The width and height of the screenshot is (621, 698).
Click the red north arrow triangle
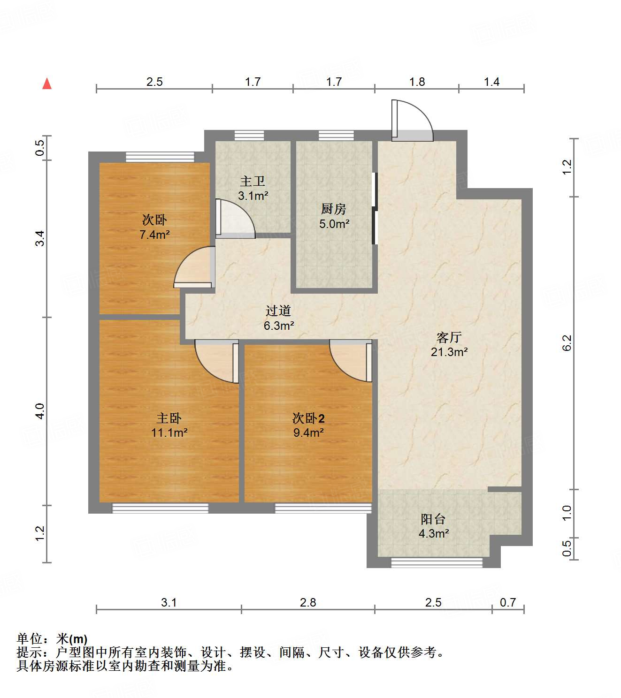(47, 84)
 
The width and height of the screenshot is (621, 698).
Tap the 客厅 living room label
(449, 337)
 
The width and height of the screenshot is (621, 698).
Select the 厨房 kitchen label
(334, 209)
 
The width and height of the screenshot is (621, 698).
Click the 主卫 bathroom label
(253, 182)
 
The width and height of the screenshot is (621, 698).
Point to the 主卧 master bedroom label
(169, 418)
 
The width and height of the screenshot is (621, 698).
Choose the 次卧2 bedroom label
(308, 418)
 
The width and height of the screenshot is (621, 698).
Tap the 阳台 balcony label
(433, 519)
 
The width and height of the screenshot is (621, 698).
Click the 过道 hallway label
(278, 311)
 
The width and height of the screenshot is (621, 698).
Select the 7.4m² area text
(154, 235)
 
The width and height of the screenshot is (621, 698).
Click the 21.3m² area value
(449, 352)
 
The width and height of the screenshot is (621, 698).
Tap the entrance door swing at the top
(411, 121)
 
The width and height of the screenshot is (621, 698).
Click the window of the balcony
(437, 562)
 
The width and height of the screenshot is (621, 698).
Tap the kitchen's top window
(336, 136)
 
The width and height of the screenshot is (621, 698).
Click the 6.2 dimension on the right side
(567, 342)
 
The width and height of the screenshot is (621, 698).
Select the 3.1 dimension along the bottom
(169, 602)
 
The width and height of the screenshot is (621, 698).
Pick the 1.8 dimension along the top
(417, 82)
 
